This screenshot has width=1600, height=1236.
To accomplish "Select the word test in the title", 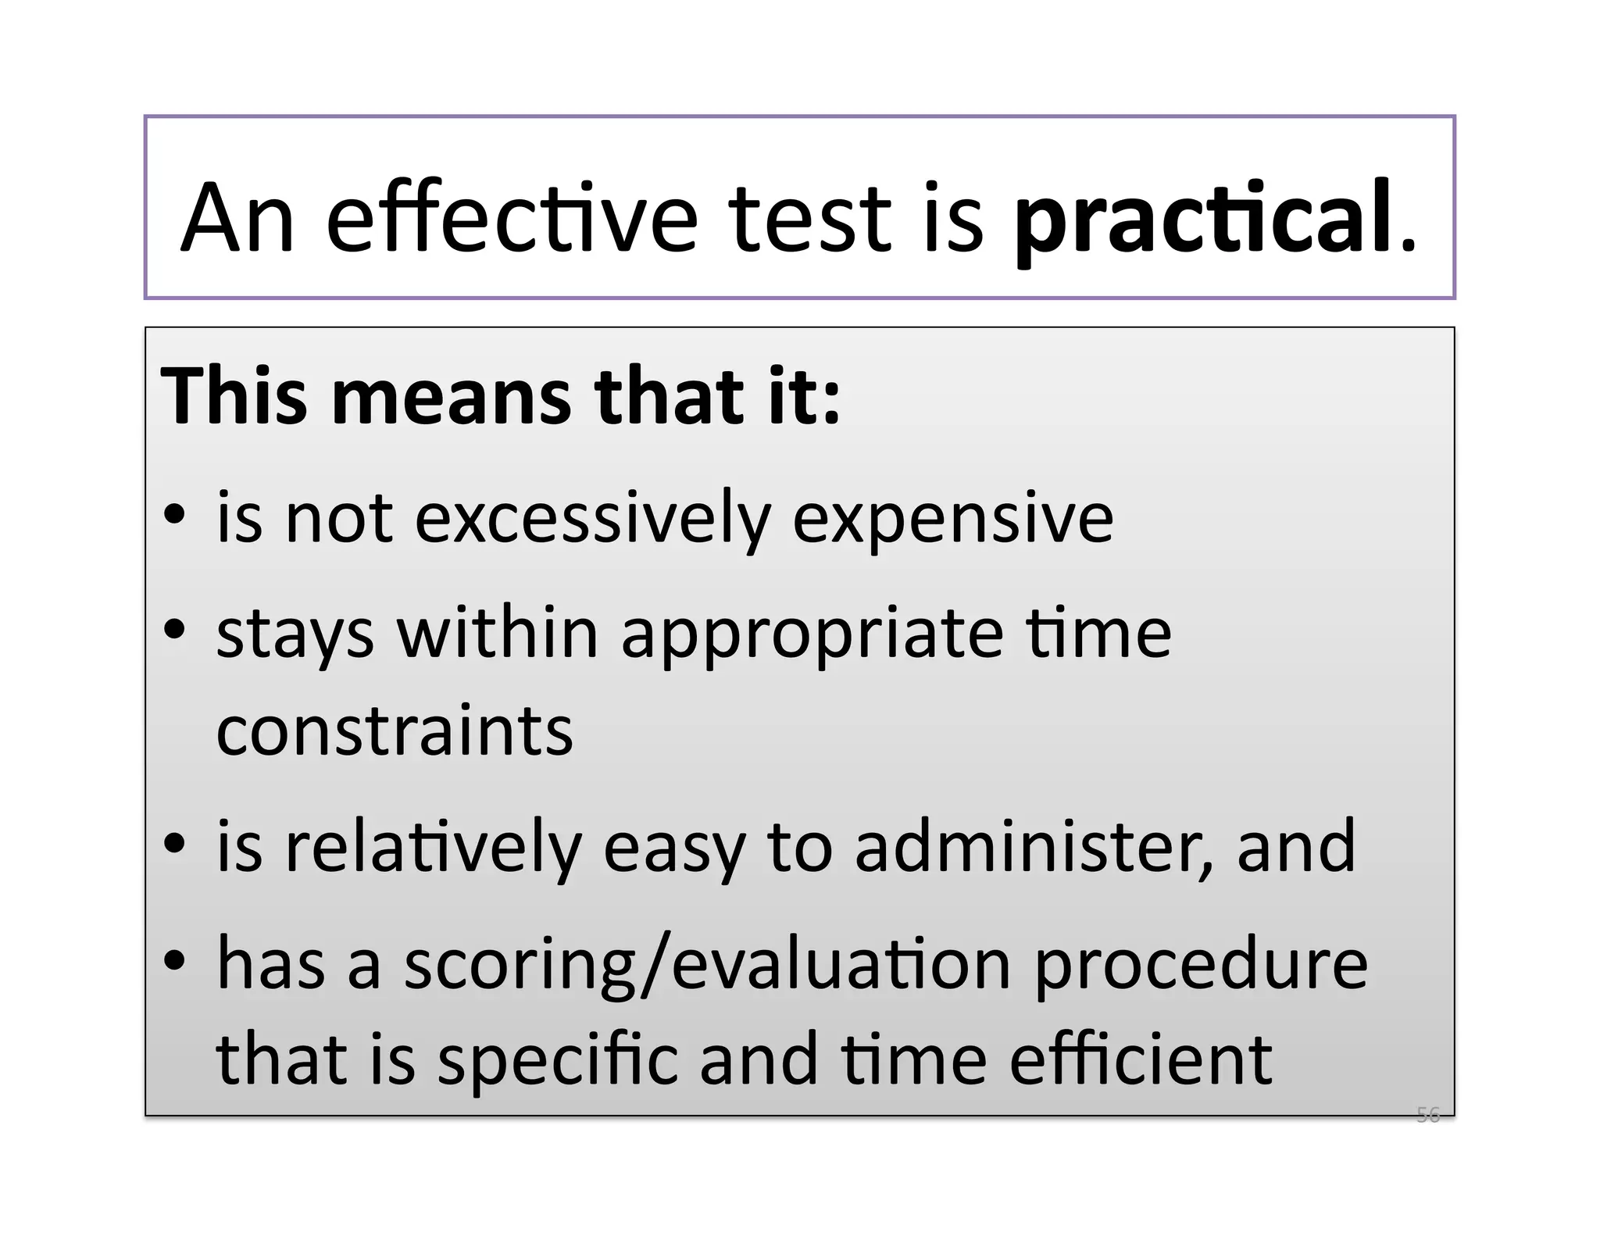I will point(811,220).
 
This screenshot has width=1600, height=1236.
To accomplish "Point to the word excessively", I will point(592,519).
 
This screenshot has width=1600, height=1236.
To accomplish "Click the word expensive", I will point(952,519).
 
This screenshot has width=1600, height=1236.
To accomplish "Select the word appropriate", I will point(812,635).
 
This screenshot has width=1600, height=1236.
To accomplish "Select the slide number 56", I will point(1427,1115).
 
